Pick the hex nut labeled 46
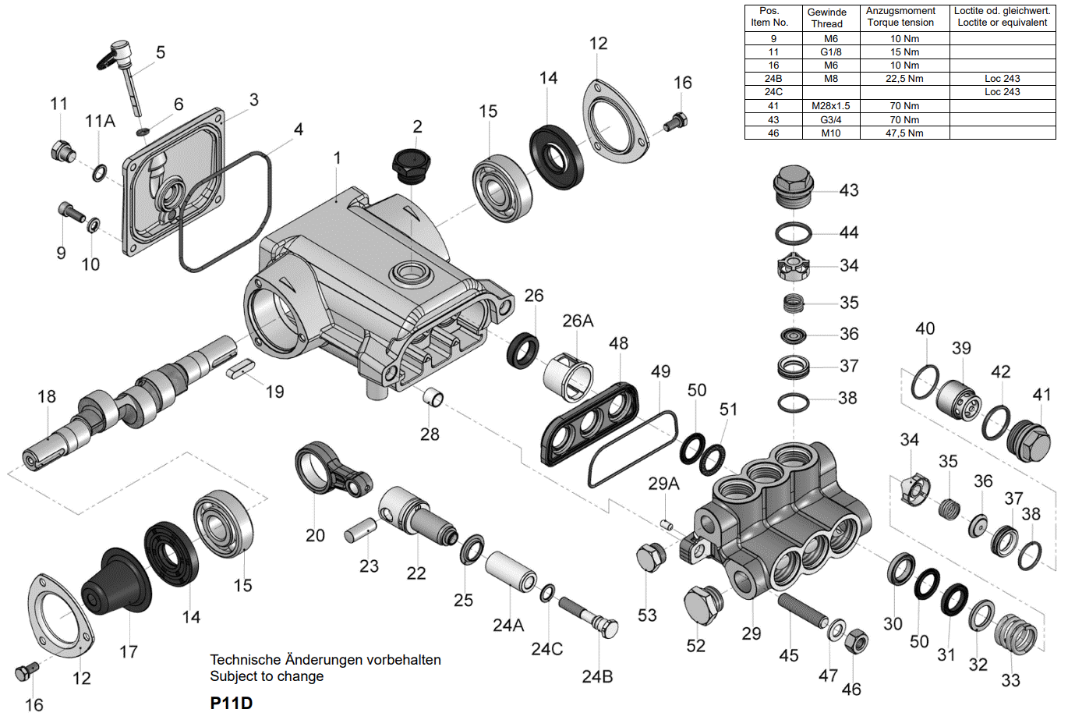click(856, 641)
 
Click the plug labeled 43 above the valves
click(793, 187)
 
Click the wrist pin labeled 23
click(361, 531)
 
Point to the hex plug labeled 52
click(702, 604)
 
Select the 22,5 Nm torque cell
click(904, 79)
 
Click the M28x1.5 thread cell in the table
click(830, 106)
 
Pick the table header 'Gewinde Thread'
click(826, 18)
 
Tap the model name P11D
click(232, 703)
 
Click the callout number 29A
click(663, 484)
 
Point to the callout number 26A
click(578, 321)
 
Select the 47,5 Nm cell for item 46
click(904, 133)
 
